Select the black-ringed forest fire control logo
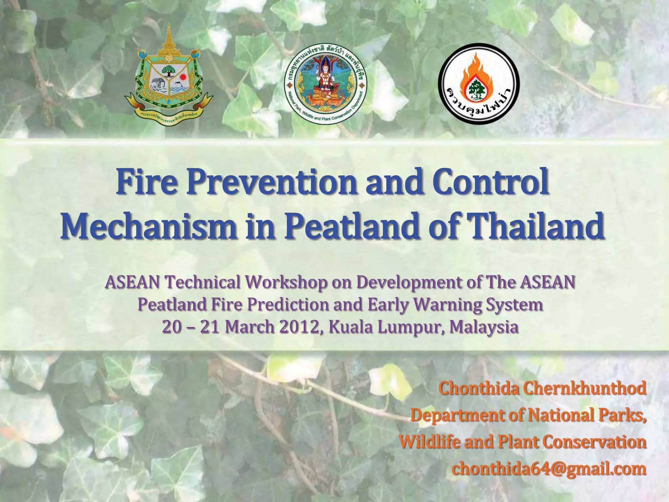(479, 84)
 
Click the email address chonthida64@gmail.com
(549, 469)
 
